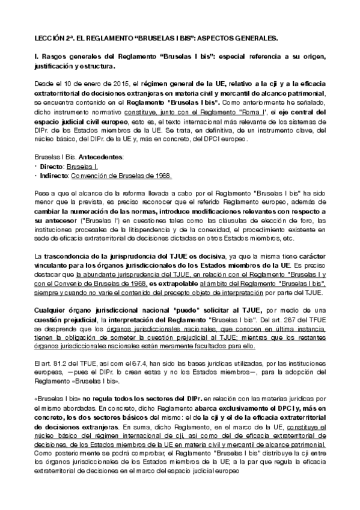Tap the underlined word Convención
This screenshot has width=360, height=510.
91,175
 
